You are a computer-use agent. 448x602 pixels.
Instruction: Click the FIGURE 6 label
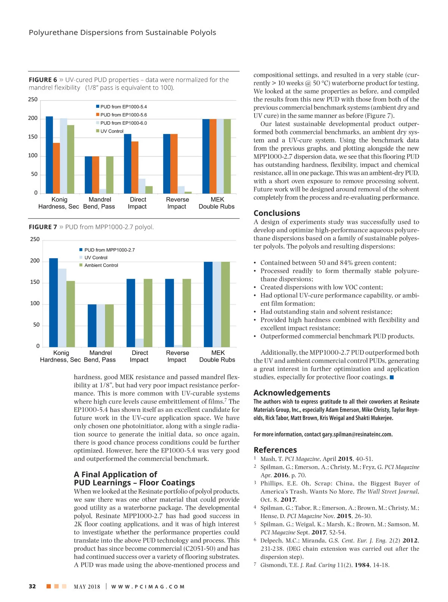click(x=43, y=80)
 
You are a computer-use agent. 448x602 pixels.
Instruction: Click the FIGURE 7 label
click(x=43, y=227)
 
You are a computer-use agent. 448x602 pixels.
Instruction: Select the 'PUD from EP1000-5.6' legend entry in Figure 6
click(x=123, y=115)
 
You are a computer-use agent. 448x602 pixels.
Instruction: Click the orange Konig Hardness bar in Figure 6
click(x=56, y=168)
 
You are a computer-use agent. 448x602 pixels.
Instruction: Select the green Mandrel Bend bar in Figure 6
click(x=110, y=175)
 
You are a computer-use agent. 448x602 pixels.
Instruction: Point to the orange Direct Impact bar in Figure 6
click(x=135, y=167)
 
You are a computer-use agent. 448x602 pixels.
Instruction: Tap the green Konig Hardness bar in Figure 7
click(x=71, y=314)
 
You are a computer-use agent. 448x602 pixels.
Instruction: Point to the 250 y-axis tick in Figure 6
click(x=33, y=100)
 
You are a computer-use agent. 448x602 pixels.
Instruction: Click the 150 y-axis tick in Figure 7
click(x=35, y=282)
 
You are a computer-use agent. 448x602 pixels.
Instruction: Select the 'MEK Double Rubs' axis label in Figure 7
click(x=217, y=356)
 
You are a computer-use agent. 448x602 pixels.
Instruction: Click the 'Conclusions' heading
click(x=277, y=213)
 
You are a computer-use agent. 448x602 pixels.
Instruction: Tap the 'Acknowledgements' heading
click(x=292, y=393)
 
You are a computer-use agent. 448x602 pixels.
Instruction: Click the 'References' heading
click(x=275, y=450)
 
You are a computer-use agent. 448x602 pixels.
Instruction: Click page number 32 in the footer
click(x=32, y=586)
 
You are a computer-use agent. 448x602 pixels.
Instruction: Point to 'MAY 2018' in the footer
click(x=87, y=587)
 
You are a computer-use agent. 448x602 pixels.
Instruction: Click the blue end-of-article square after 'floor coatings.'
click(x=392, y=377)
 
